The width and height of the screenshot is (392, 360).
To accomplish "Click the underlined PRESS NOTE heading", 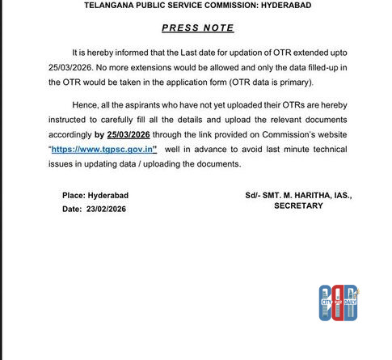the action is click(x=197, y=28).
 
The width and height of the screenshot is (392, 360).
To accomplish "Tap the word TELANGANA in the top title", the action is click(x=112, y=5).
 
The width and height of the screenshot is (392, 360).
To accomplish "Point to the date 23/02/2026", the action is click(x=104, y=209).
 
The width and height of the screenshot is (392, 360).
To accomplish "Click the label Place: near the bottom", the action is click(x=77, y=195).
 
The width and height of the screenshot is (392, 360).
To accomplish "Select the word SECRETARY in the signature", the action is click(x=298, y=205).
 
